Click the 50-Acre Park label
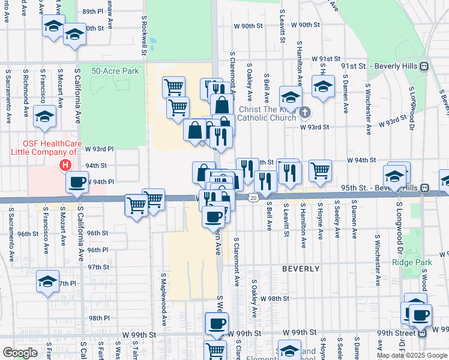pyautogui.click(x=115, y=71)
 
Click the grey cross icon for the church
pyautogui.click(x=305, y=112)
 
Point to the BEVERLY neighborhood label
pyautogui.click(x=301, y=269)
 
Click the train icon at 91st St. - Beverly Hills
pyautogui.click(x=424, y=66)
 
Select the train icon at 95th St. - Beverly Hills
pyautogui.click(x=425, y=188)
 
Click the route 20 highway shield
pyautogui.click(x=254, y=197)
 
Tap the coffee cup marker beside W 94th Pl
pyautogui.click(x=77, y=182)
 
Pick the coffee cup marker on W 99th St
pyautogui.click(x=216, y=325)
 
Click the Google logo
pyautogui.click(x=20, y=353)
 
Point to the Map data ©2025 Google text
pyautogui.click(x=412, y=355)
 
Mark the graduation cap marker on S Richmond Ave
pyautogui.click(x=44, y=116)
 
